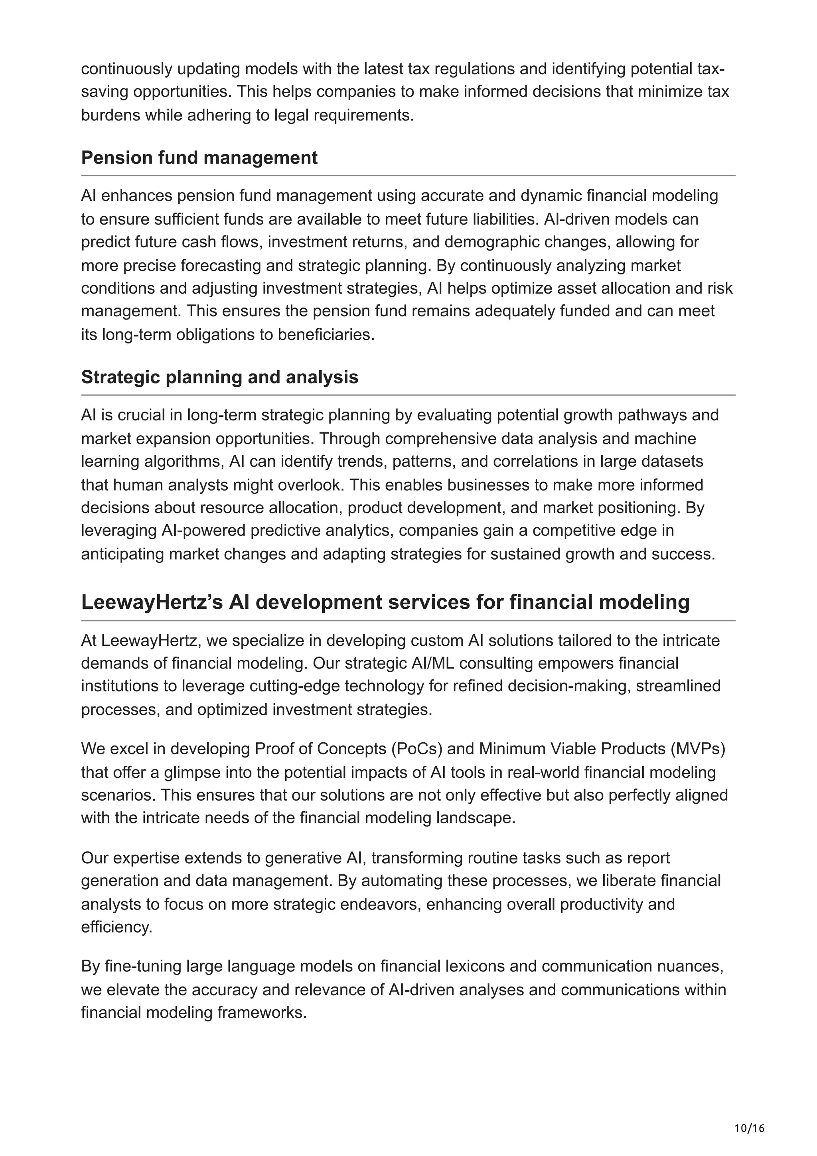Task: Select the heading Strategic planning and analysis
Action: pyautogui.click(x=219, y=377)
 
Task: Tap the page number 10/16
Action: pyautogui.click(x=749, y=1114)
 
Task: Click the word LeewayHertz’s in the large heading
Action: pyautogui.click(x=152, y=602)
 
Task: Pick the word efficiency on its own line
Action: pyautogui.click(x=116, y=927)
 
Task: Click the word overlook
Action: pyautogui.click(x=311, y=485)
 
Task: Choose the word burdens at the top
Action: pyautogui.click(x=111, y=115)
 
